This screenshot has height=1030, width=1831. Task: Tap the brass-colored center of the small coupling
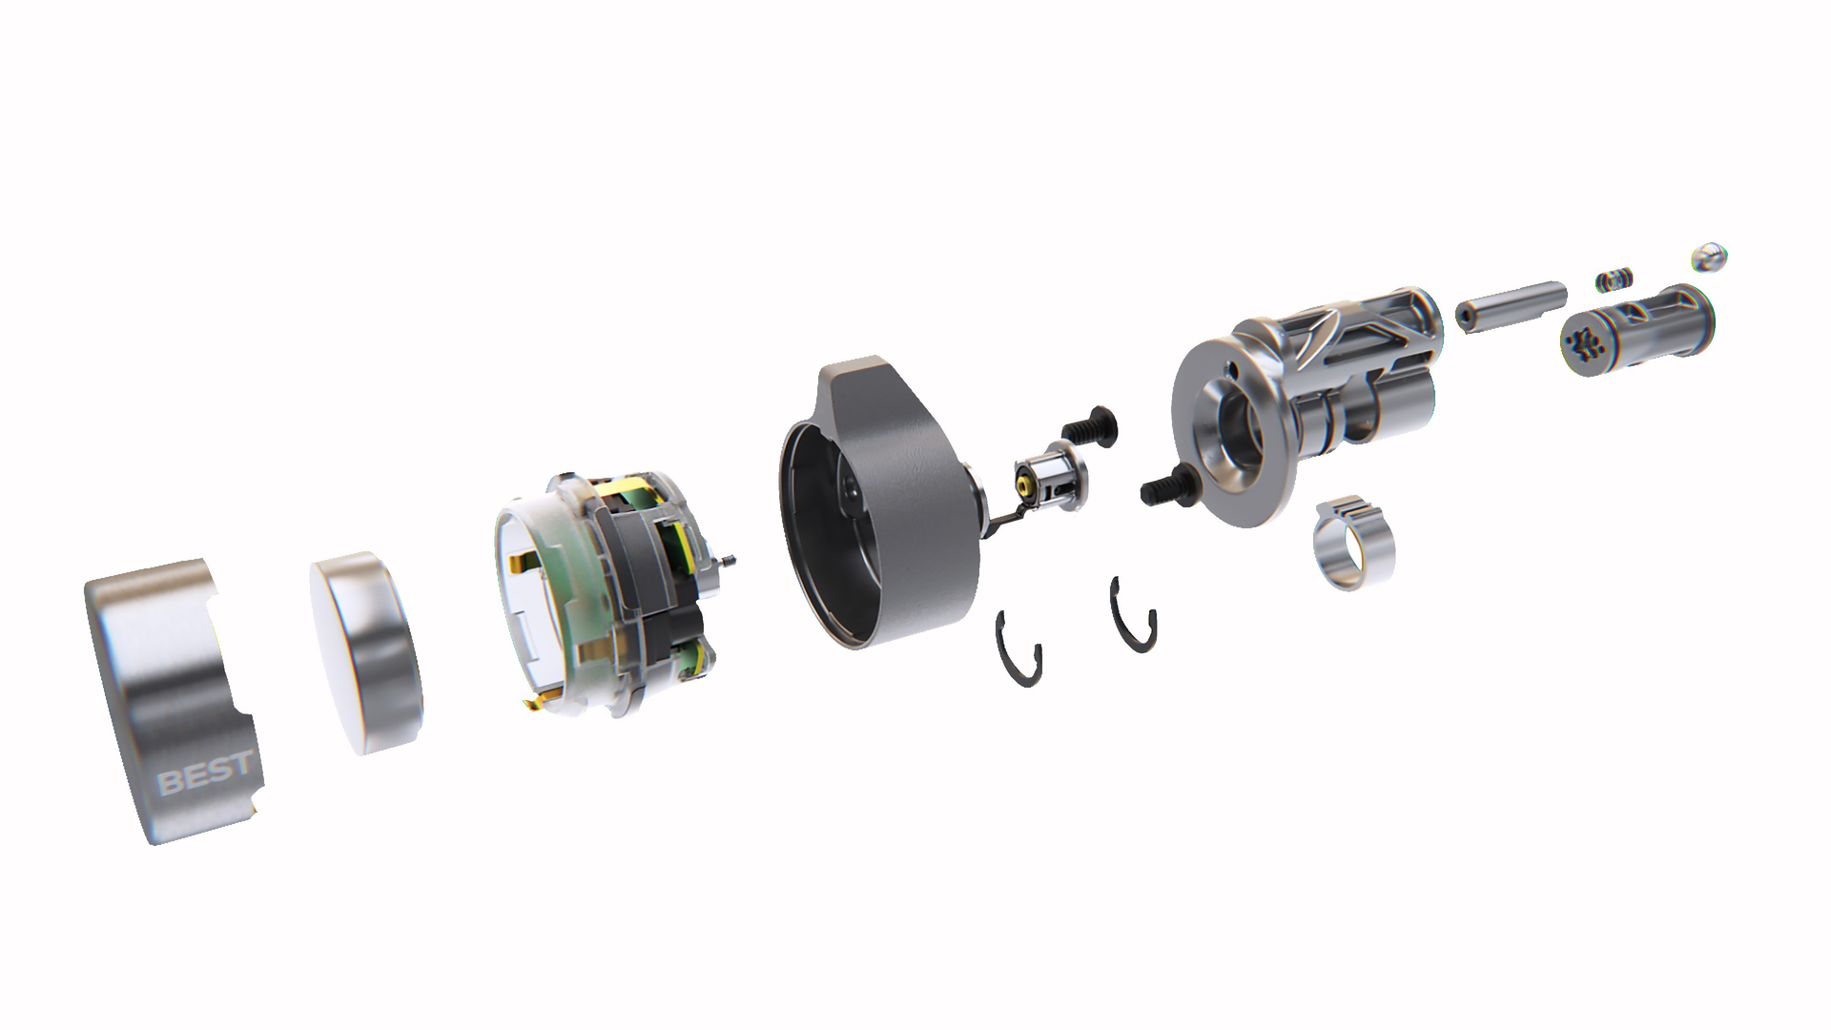coord(1023,484)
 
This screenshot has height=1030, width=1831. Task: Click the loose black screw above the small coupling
coord(1090,424)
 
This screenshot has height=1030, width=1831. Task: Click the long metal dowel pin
coord(1511,303)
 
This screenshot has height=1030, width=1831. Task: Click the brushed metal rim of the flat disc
coord(391,668)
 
